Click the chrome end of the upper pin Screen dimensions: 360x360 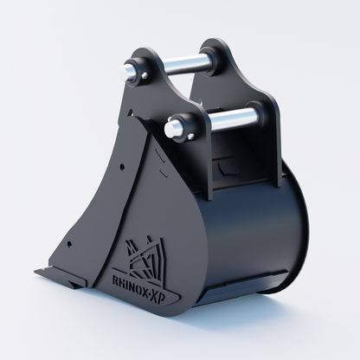[x=127, y=71]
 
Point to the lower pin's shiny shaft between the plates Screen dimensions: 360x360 [x=231, y=119]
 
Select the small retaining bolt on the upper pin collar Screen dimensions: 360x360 [x=145, y=75]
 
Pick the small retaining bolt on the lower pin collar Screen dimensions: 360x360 [x=190, y=136]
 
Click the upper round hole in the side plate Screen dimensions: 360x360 [x=122, y=166]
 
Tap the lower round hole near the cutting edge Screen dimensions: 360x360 [x=69, y=245]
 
